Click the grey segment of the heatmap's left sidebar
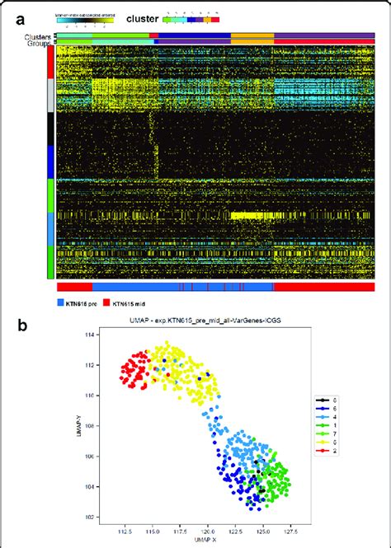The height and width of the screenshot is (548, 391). click(x=52, y=95)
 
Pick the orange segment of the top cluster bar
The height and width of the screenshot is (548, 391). click(x=252, y=35)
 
